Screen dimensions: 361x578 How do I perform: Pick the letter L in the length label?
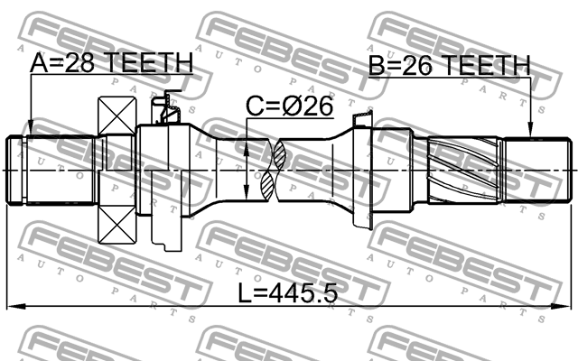[x=246, y=296]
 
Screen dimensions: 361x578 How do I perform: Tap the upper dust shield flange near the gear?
[x=364, y=119]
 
